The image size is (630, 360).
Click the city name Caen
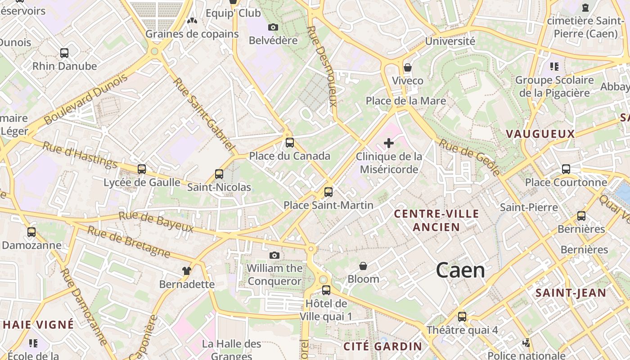(x=460, y=270)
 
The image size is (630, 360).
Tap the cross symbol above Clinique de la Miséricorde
(x=389, y=143)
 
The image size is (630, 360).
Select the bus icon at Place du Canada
(x=289, y=143)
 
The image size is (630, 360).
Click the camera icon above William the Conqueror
(x=274, y=255)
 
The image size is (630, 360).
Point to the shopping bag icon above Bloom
(x=363, y=266)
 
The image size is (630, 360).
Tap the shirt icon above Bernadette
(x=187, y=270)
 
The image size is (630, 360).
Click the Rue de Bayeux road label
(x=156, y=222)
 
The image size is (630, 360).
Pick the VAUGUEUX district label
(x=540, y=134)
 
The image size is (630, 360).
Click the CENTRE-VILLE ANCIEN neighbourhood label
(x=436, y=220)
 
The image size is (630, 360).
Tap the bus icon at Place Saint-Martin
(x=328, y=192)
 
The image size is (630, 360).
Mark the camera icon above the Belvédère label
(x=273, y=27)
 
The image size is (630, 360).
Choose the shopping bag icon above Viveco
(x=408, y=67)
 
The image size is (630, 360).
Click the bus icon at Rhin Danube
(x=64, y=53)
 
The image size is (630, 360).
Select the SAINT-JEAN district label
(x=571, y=293)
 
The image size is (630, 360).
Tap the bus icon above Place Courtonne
(x=566, y=169)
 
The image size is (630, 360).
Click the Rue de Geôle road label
(x=469, y=157)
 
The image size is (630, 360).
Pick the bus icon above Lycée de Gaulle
(x=142, y=169)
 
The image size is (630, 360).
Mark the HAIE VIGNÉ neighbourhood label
(x=38, y=324)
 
